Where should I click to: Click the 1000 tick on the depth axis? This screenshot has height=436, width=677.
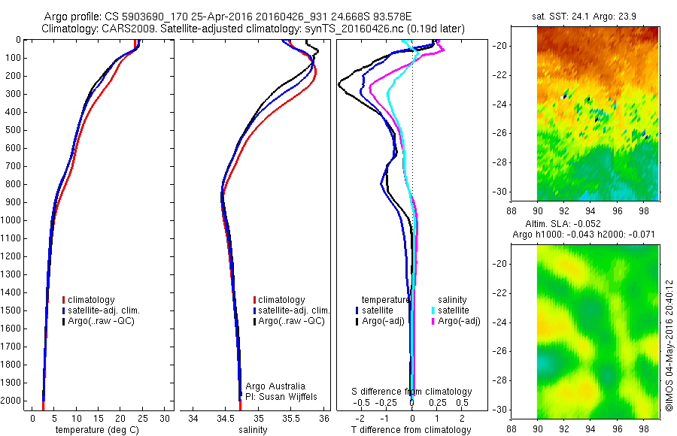click(x=13, y=220)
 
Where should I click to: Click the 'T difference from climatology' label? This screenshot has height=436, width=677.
click(x=411, y=430)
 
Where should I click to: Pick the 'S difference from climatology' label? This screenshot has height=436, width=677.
click(x=412, y=392)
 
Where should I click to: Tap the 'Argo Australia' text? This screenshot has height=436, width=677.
click(x=275, y=386)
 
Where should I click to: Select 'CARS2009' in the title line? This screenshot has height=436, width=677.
click(x=123, y=29)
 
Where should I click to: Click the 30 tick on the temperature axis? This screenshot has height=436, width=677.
click(x=163, y=418)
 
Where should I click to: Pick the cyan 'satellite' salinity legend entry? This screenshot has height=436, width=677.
click(x=452, y=310)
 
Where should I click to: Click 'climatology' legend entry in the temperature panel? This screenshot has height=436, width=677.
click(x=96, y=299)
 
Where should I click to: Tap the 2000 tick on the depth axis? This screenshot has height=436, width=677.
click(x=13, y=401)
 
